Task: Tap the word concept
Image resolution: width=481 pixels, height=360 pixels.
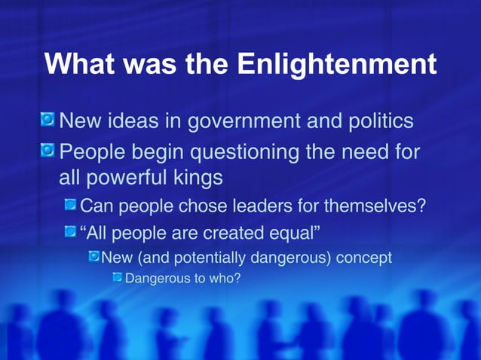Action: pyautogui.click(x=364, y=258)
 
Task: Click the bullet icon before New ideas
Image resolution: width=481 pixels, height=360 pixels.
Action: pyautogui.click(x=47, y=120)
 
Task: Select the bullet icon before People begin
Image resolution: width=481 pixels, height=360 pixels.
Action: pyautogui.click(x=47, y=152)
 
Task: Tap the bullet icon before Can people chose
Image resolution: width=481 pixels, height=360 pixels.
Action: pyautogui.click(x=70, y=204)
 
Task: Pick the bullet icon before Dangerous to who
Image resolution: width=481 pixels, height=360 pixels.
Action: pyautogui.click(x=117, y=279)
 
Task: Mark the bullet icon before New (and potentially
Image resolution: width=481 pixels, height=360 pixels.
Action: pyautogui.click(x=93, y=257)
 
